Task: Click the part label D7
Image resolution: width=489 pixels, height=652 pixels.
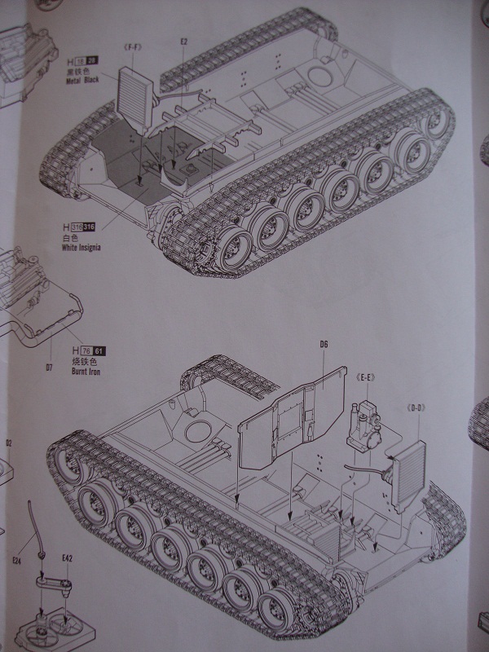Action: [48, 368]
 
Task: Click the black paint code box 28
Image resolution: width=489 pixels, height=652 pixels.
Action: [92, 61]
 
